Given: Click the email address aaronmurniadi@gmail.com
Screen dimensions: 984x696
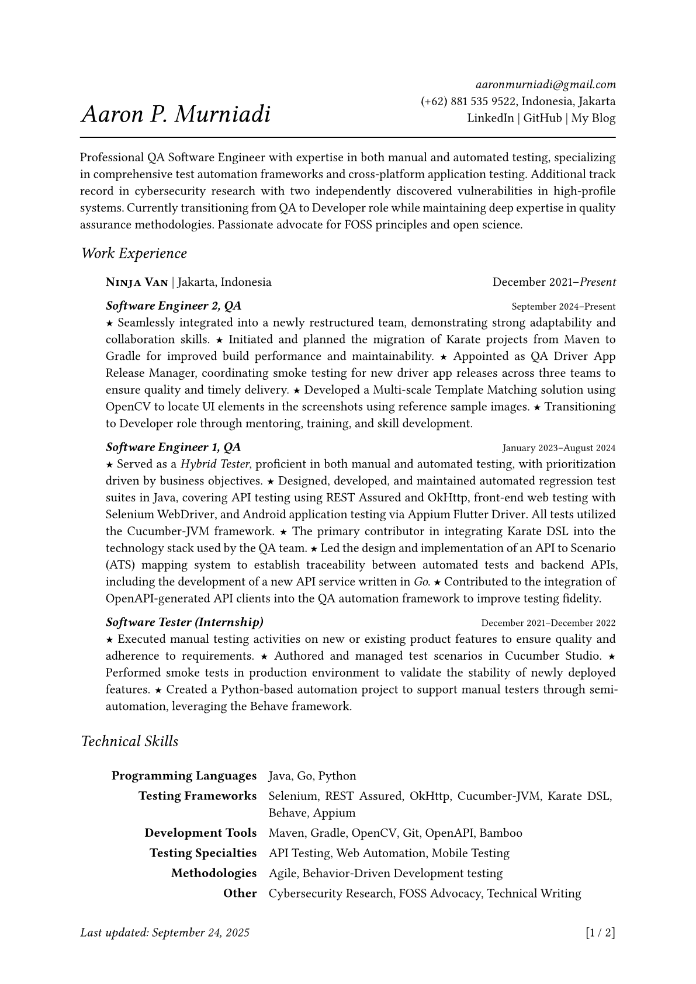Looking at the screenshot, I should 545,85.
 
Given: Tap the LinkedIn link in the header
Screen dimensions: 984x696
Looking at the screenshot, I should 490,118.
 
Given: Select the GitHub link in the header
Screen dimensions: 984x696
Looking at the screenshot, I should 542,118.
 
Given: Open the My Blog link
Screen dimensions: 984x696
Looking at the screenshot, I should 593,118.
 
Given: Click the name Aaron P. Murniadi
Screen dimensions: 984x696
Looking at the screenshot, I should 176,114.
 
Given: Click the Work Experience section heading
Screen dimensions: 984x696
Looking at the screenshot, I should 134,254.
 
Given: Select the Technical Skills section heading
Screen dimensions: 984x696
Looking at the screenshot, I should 130,742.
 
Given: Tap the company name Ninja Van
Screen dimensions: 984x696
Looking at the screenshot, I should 137,282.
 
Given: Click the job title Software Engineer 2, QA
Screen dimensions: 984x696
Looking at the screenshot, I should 174,306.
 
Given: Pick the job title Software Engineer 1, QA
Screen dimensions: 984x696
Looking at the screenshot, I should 174,447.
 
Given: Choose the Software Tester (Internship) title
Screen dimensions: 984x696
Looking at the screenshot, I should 185,622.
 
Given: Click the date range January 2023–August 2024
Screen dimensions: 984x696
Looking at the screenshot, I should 559,448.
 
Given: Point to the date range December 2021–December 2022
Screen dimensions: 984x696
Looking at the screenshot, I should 548,623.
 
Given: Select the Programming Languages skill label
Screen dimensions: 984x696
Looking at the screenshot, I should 184,776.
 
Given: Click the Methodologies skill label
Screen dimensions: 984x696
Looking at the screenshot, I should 214,873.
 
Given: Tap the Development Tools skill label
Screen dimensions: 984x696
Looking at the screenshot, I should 200,833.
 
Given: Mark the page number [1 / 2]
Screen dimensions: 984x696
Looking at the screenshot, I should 600,933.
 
